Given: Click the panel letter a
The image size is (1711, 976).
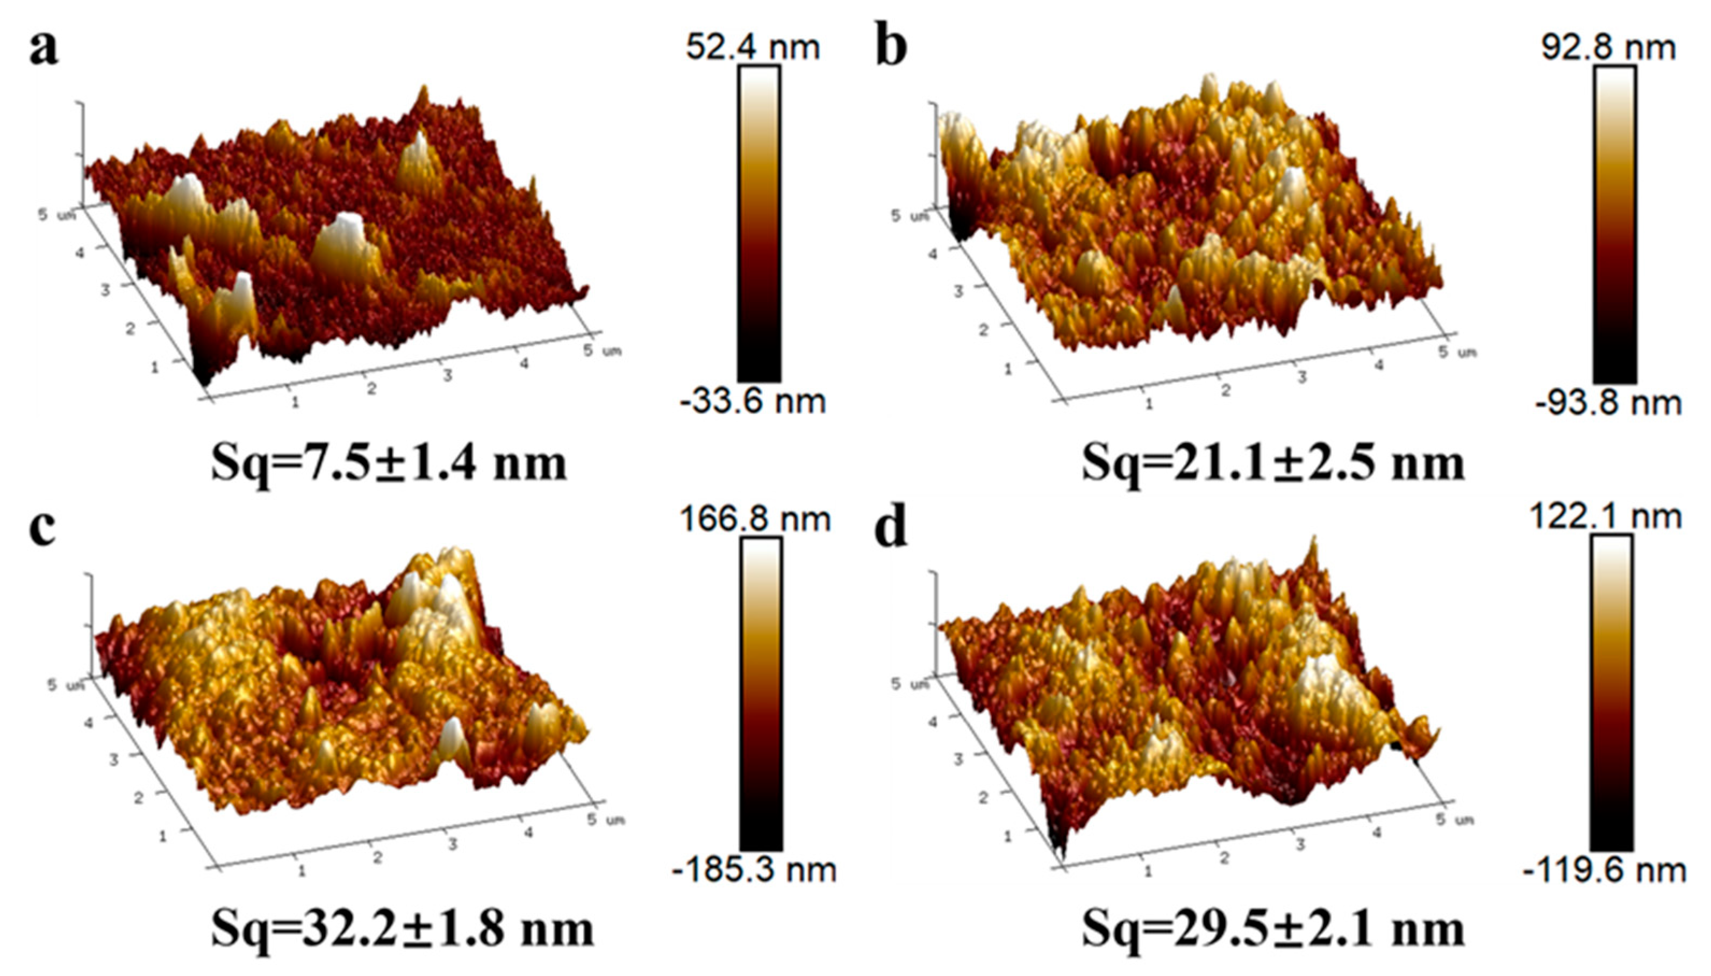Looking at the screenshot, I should pos(44,51).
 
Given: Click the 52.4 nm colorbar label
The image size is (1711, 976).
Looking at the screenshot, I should pos(752,48).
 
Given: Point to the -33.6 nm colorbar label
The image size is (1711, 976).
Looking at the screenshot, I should pos(751,401).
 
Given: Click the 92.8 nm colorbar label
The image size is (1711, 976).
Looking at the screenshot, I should pos(1608,48).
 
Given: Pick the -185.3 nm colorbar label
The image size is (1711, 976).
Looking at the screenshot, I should pos(754,870).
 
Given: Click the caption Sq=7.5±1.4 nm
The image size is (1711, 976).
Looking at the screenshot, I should pos(389,463).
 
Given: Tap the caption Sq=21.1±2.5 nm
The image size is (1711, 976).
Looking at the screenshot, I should pos(1272,463).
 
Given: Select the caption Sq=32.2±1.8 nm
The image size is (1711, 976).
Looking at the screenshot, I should pos(402,928).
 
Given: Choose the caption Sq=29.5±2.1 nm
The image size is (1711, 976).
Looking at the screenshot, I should pos(1272,928).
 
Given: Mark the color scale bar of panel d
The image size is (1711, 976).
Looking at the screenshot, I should pos(1612,694).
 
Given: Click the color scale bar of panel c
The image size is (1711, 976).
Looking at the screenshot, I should pos(761,694).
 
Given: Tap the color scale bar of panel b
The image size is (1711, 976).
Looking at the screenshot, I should pos(1614,225).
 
